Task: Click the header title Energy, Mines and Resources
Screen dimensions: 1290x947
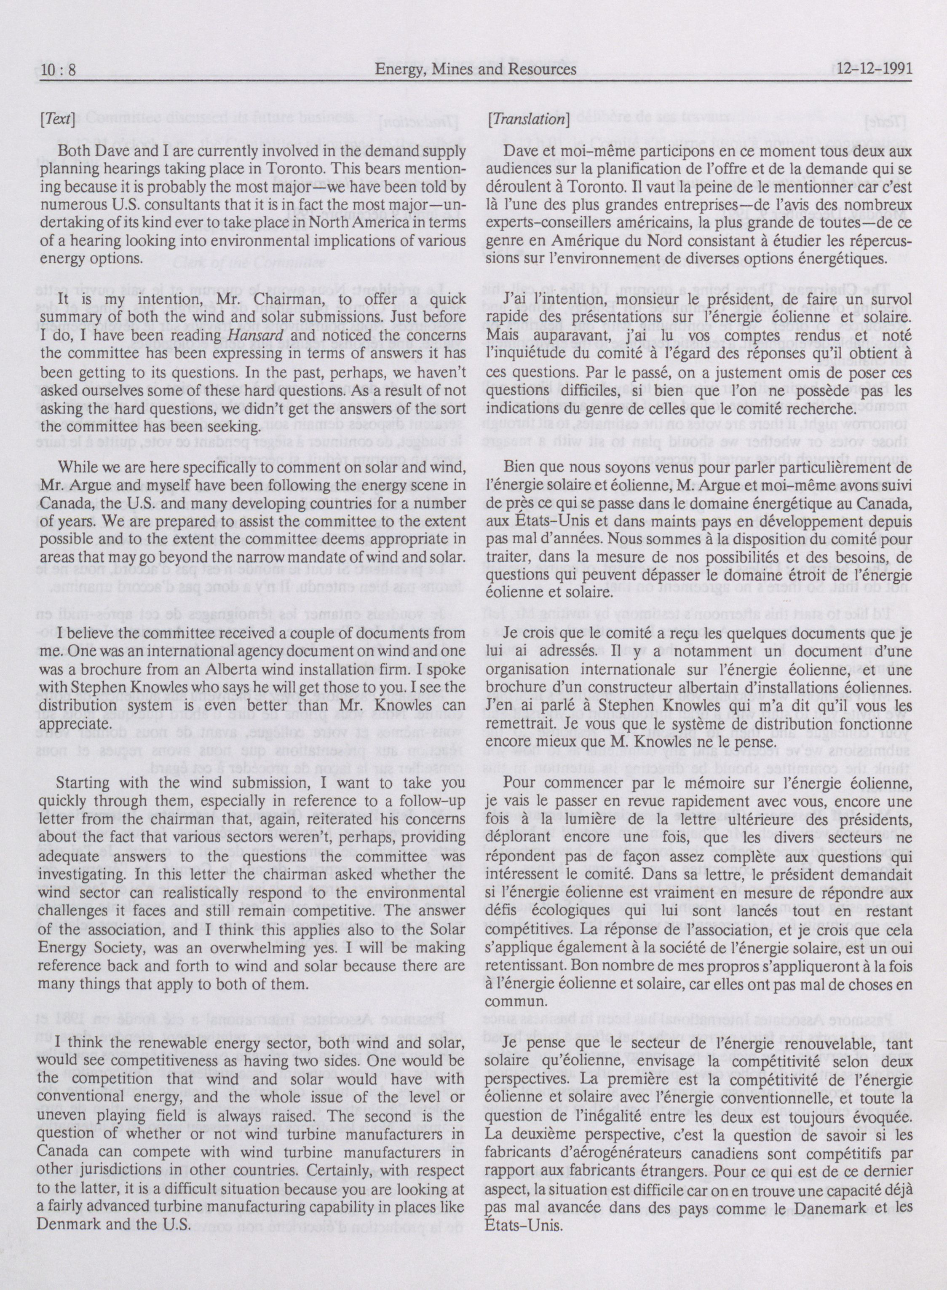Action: (x=475, y=70)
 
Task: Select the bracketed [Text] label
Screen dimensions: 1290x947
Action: (x=57, y=119)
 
